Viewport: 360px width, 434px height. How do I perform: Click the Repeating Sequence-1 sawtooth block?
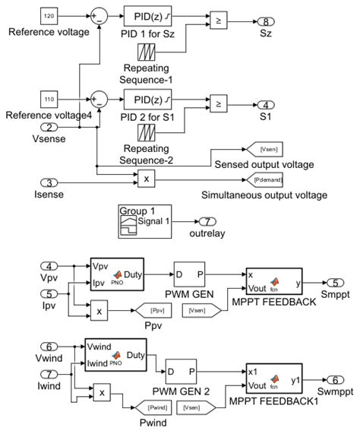(146, 52)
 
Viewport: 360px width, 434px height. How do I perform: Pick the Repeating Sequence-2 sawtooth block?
(146, 135)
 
